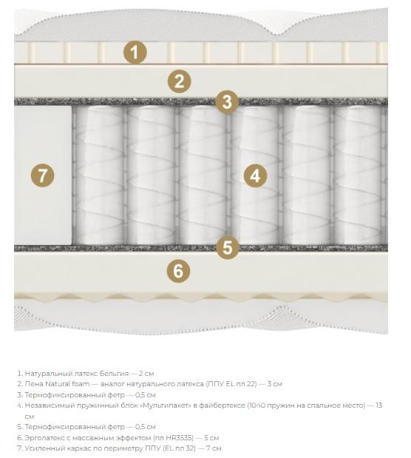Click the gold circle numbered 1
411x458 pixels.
tap(135, 53)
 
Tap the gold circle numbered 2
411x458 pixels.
tap(179, 81)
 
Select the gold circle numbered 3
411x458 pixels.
tap(227, 102)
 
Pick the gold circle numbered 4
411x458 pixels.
tap(255, 175)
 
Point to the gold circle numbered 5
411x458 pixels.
tap(228, 247)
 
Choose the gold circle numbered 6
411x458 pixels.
tap(178, 271)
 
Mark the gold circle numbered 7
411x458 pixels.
tap(43, 175)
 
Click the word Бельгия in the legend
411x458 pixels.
tap(114, 374)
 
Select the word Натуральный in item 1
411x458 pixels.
tap(48, 374)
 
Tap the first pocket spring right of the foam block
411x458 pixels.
tap(98, 175)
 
